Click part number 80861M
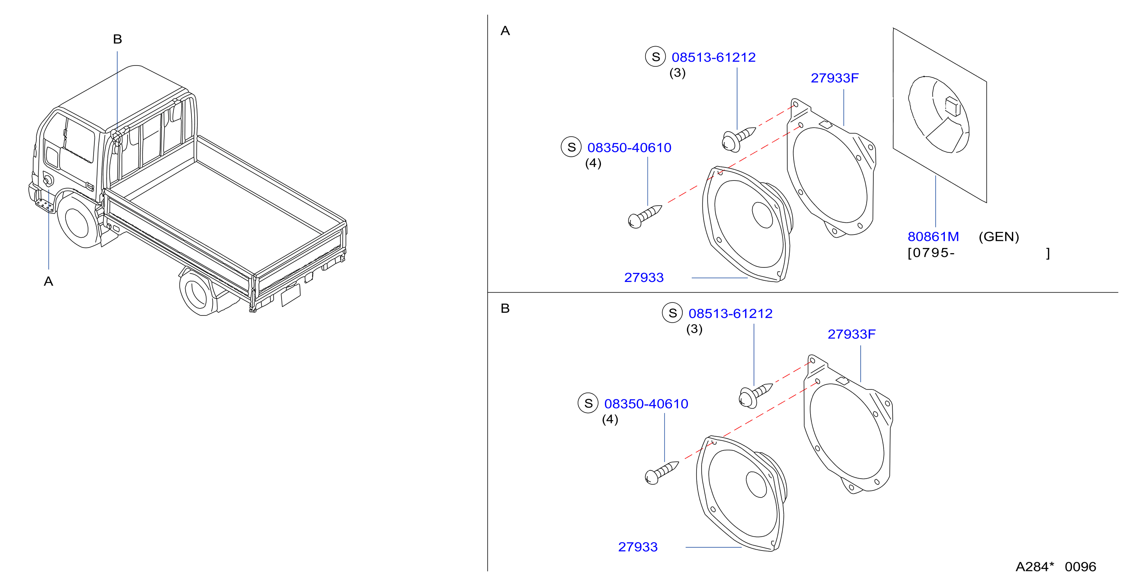pos(933,237)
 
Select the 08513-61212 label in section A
pos(713,57)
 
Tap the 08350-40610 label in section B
pos(646,404)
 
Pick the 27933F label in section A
pos(834,78)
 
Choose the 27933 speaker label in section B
pos(638,547)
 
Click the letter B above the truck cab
pos(118,39)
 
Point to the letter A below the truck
pos(49,282)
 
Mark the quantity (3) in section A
pos(677,73)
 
